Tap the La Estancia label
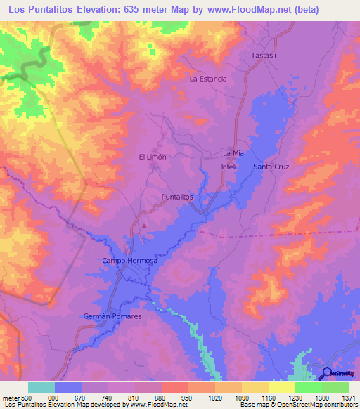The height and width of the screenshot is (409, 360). pyautogui.click(x=208, y=79)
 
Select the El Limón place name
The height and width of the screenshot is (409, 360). pyautogui.click(x=153, y=157)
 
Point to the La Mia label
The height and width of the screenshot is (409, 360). pyautogui.click(x=233, y=152)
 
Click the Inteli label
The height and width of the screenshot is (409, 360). pyautogui.click(x=226, y=167)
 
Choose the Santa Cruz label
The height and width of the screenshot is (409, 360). pyautogui.click(x=271, y=167)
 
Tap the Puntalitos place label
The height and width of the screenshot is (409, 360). pyautogui.click(x=177, y=197)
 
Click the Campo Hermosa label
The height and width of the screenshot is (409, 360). pyautogui.click(x=130, y=261)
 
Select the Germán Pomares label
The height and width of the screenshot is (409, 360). pyautogui.click(x=112, y=317)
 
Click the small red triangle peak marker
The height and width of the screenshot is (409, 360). pyautogui.click(x=144, y=226)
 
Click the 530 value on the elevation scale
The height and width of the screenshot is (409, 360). pyautogui.click(x=26, y=397)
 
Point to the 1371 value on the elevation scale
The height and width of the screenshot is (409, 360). pyautogui.click(x=348, y=397)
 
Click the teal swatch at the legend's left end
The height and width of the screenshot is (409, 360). pyautogui.click(x=41, y=387)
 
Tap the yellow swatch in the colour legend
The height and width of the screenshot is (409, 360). pyautogui.click(x=282, y=387)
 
